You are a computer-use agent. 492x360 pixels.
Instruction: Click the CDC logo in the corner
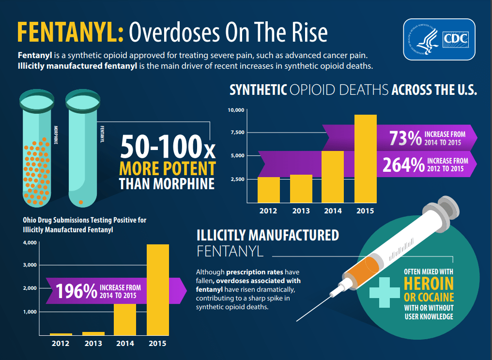point(439,39)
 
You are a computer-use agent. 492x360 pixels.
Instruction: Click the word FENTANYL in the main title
point(67,32)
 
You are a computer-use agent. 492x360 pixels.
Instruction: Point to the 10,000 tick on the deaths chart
point(236,110)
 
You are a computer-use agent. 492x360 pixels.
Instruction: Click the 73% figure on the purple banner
point(405,138)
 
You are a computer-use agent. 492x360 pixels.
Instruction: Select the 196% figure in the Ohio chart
point(77,291)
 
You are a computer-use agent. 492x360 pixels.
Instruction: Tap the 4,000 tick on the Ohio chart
point(30,242)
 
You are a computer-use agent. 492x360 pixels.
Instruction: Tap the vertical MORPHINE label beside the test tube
point(56,135)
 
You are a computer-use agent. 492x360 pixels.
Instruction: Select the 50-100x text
point(167,147)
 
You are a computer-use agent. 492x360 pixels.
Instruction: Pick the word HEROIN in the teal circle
point(429,283)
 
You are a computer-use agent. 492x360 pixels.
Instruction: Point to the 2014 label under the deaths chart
point(333,210)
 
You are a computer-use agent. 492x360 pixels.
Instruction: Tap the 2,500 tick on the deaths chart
point(237,179)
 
